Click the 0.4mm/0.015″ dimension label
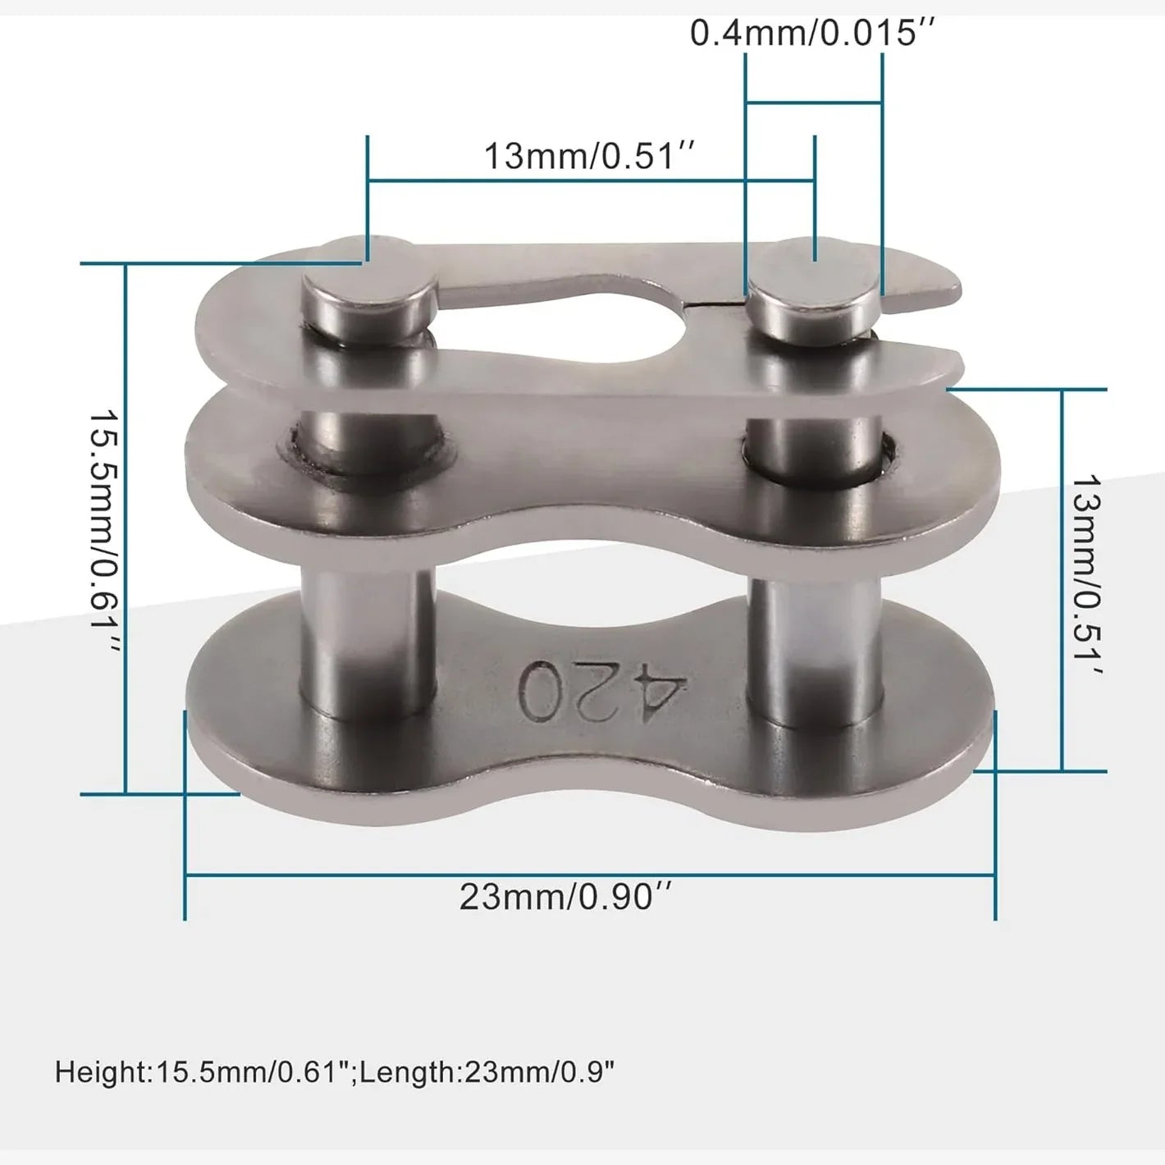(x=812, y=33)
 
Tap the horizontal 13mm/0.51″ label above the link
(x=589, y=156)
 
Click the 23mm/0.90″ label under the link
(x=565, y=898)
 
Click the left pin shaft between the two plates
(x=368, y=641)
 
